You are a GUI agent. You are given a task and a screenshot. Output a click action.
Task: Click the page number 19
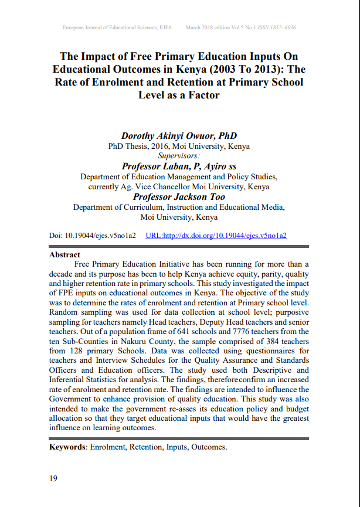coord(53,479)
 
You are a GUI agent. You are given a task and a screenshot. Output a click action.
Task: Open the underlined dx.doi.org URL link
coord(216,236)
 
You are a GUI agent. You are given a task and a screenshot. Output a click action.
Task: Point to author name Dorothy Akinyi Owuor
coord(178,135)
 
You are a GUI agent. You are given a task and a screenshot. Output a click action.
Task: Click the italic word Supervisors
coord(179,156)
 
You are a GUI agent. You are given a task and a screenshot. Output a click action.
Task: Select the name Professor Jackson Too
coord(179,197)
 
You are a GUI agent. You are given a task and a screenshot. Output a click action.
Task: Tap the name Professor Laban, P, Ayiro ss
coord(179,166)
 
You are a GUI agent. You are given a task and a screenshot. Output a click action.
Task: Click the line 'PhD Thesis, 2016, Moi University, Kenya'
coord(179,146)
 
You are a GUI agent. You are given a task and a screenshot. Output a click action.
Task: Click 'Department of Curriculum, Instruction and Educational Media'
coord(179,207)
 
